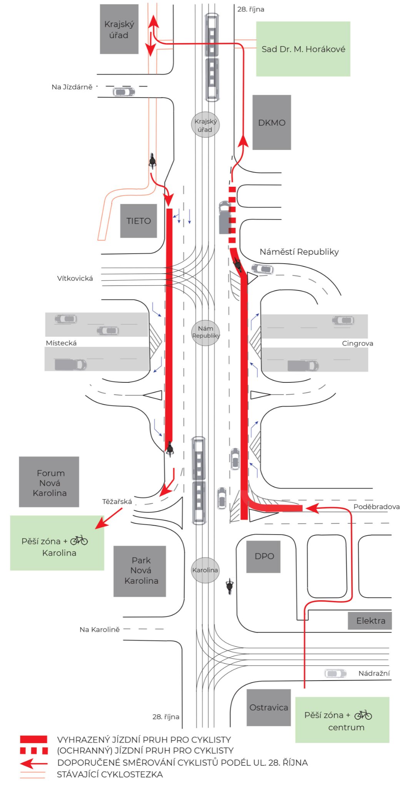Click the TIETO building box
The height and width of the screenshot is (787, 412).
coord(138,221)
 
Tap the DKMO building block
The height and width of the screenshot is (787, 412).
coord(272,122)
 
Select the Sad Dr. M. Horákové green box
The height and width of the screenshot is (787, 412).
coord(303,49)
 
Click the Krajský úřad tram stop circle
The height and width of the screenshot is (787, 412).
coord(205,125)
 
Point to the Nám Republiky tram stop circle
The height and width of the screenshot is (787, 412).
coord(206,332)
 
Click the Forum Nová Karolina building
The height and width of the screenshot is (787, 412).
coord(49,482)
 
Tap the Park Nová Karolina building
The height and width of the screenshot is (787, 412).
coord(140,571)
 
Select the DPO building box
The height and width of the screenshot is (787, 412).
coord(264,556)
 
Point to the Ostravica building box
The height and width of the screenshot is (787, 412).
coord(269,707)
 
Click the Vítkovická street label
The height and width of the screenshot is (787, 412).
coord(75,278)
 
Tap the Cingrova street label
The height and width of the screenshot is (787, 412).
coord(357,343)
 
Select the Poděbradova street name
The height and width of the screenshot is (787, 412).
coord(377,506)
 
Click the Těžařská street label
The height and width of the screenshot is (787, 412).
coord(117,501)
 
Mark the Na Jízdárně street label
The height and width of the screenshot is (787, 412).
coord(72,87)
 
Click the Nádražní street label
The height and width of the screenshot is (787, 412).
coord(374,673)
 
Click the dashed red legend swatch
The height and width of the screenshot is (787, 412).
coord(34,750)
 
